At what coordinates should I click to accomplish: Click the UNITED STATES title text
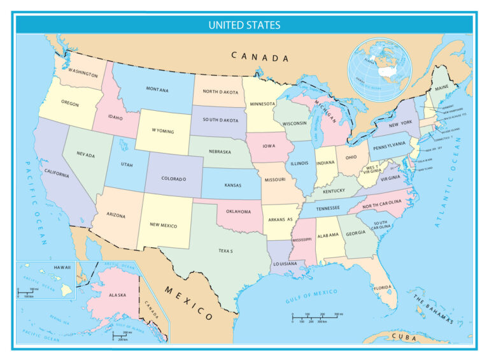point(244,25)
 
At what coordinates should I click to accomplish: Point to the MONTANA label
point(157,90)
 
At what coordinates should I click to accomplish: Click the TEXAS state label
point(226,251)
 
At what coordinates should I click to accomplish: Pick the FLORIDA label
point(383,287)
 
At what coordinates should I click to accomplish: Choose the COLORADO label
point(173,179)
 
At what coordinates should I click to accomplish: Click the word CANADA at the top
point(260,57)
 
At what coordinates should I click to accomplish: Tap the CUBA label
point(403,336)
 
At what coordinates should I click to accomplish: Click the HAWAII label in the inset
point(62,267)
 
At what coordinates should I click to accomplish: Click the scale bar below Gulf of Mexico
point(317,317)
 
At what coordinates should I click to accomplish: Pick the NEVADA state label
point(86,155)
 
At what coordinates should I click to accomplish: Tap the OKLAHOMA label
point(238,212)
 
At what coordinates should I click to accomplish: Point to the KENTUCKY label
point(334,191)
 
